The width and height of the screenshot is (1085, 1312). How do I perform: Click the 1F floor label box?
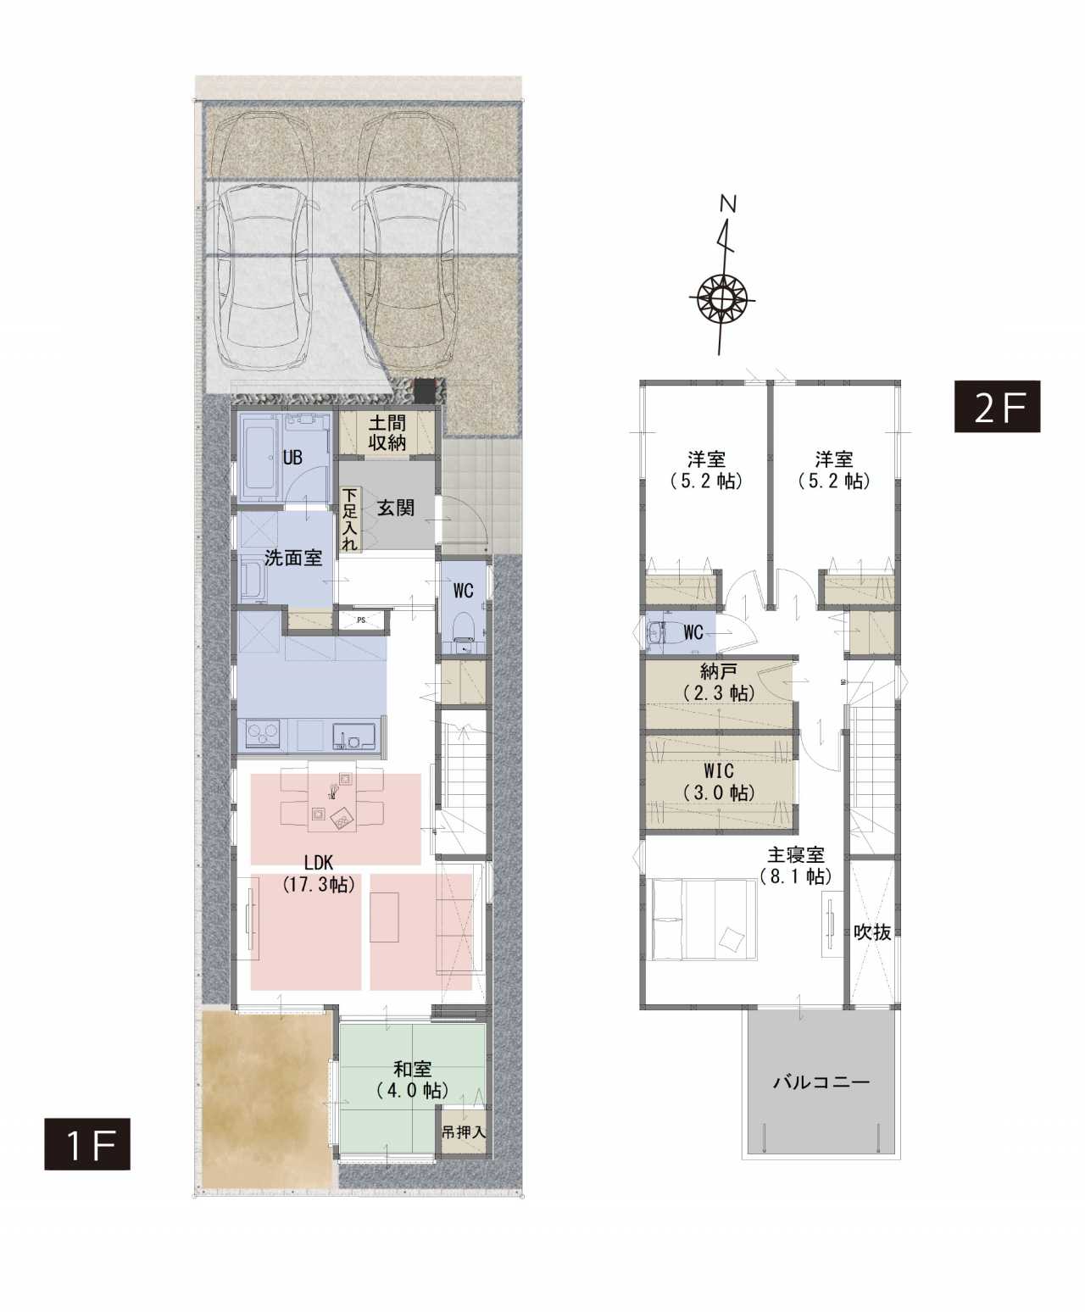pos(86,1143)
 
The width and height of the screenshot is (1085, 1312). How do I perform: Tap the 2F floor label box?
pos(997,406)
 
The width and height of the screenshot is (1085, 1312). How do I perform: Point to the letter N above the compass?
pos(729,203)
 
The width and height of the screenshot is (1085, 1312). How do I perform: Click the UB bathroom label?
pos(292,458)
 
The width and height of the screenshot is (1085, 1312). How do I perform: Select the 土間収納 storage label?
pos(387,432)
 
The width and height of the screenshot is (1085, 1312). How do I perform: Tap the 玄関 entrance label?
pos(395,509)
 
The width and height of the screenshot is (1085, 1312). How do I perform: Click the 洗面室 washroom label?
pos(293,558)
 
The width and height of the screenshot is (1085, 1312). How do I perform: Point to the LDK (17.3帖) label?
pos(320,874)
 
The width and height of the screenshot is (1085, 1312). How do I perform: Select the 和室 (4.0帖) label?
pos(412,1080)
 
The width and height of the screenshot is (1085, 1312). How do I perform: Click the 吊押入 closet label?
pos(464,1132)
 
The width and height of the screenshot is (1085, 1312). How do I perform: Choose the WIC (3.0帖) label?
pos(719,781)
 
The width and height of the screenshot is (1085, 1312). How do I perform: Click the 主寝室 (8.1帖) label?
pos(795,865)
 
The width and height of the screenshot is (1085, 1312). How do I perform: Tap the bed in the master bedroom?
pos(704,920)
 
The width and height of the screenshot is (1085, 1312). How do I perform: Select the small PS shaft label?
pos(361,620)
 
